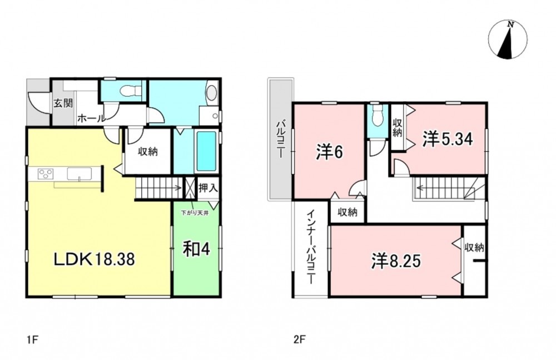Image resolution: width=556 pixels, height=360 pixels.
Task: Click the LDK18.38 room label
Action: point(94,259)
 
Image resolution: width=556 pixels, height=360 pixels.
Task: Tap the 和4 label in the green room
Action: point(196,249)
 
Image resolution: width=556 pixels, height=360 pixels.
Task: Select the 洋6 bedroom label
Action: point(330,152)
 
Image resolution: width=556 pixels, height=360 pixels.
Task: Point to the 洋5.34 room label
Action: point(448,139)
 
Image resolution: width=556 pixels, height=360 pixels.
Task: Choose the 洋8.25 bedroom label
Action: point(396,261)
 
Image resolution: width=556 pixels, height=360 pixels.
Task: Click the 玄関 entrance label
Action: point(63,103)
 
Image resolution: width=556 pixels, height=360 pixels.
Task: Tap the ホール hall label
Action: point(91,118)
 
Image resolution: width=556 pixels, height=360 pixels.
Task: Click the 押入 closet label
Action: point(208,188)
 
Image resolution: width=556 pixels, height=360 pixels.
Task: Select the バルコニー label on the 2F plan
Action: point(281,140)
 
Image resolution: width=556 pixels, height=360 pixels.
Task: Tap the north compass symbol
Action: point(508,39)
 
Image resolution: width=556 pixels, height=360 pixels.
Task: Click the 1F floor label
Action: point(32,340)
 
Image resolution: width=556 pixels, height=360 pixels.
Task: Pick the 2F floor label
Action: point(299,340)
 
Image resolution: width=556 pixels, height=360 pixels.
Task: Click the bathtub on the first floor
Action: point(206,151)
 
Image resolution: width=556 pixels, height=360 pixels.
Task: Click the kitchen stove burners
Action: point(46,174)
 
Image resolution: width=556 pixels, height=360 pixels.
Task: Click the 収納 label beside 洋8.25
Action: point(474,248)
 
